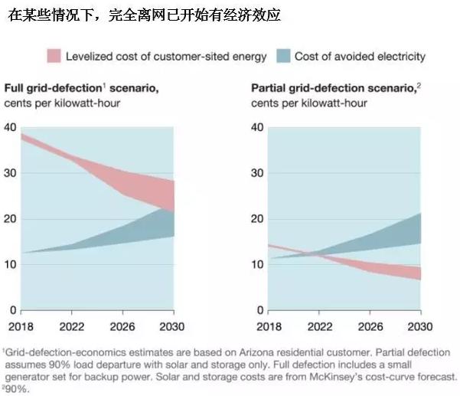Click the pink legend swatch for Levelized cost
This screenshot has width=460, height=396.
coord(54,56)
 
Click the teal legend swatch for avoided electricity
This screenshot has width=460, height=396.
coord(282,56)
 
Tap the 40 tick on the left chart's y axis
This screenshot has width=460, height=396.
coord(11,127)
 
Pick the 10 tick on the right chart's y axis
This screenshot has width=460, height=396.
coord(258,265)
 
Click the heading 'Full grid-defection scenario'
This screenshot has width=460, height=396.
coord(82,89)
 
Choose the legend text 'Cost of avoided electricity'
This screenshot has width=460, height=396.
coord(360,56)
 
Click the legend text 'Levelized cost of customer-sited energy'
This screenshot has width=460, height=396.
coord(166,56)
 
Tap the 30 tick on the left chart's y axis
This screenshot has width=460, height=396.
coord(11,173)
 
